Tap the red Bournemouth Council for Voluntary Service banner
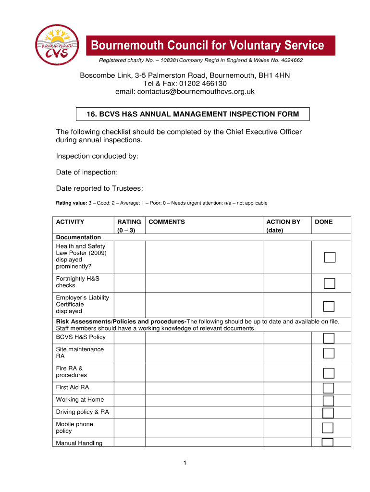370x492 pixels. [x=207, y=46]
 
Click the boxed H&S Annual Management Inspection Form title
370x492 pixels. [x=193, y=114]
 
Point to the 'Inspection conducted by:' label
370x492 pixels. [x=97, y=156]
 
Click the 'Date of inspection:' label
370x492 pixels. [x=87, y=172]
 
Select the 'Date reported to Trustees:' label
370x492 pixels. [x=99, y=188]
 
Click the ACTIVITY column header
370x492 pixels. [x=70, y=222]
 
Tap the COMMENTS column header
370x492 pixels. [x=167, y=222]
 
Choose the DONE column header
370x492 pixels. [x=323, y=222]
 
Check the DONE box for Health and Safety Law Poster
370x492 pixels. [x=329, y=258]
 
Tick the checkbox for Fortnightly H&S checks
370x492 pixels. [x=329, y=283]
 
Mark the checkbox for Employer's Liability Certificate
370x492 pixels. [x=329, y=306]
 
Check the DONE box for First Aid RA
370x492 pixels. [x=329, y=388]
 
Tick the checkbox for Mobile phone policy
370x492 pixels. [x=328, y=428]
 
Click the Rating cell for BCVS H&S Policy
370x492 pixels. [x=129, y=337]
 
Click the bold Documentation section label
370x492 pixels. [x=78, y=237]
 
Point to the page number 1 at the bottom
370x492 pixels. [x=185, y=463]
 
